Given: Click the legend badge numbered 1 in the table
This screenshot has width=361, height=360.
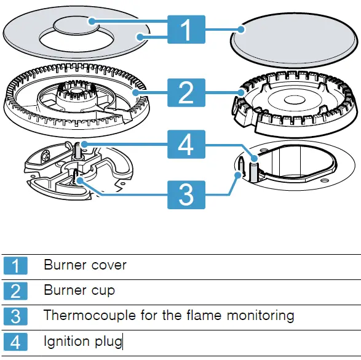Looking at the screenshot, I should coord(15,266).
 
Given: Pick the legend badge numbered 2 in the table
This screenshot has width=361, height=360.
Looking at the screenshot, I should coord(15,290).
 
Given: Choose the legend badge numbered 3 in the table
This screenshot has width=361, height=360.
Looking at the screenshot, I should coord(15,316).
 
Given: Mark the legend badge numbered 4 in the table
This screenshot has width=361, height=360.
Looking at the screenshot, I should coord(15,342).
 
